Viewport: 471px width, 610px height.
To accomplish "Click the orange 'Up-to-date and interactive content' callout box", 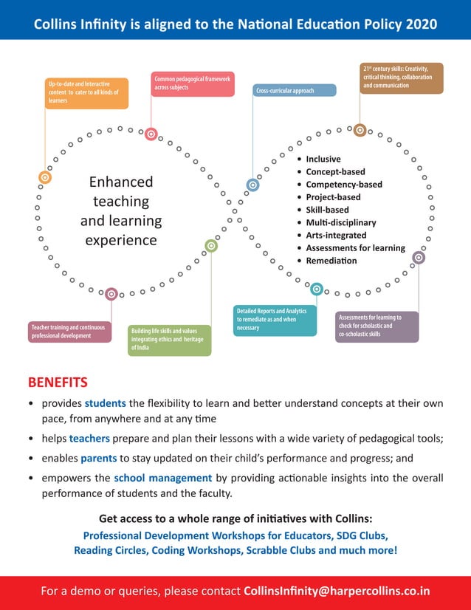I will coord(85,93).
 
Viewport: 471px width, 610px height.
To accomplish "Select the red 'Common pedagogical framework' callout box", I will coord(193,83).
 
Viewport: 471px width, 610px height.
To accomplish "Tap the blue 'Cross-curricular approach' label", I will coord(295,91).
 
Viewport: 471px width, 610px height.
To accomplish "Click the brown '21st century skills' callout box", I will coord(402,78).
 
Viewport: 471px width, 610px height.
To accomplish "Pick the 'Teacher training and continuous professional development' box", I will coord(69,332).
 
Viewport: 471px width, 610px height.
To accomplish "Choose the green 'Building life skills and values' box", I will coord(169,340).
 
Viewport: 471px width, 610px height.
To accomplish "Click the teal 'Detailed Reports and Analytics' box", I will coord(275,321).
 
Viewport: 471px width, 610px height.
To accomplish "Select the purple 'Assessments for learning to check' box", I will coord(377,326).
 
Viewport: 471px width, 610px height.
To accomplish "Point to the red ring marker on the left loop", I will coord(151,134).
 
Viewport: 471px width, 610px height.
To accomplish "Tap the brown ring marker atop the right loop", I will coord(360,130).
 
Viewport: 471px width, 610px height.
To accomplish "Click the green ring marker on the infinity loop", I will coord(211,246).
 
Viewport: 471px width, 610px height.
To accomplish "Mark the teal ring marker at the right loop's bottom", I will coord(316,289).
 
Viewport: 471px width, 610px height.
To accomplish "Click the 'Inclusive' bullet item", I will coord(323,159).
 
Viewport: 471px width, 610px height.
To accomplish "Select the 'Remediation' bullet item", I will coord(331,261).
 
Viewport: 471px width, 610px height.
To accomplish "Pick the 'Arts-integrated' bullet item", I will coord(336,236).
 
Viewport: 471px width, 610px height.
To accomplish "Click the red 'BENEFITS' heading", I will coord(58,383).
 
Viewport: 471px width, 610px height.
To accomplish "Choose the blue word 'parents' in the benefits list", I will coord(98,458).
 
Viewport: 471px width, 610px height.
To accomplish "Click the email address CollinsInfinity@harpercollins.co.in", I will coord(337,591).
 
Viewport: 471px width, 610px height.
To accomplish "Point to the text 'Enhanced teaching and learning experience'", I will coord(121,210).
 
